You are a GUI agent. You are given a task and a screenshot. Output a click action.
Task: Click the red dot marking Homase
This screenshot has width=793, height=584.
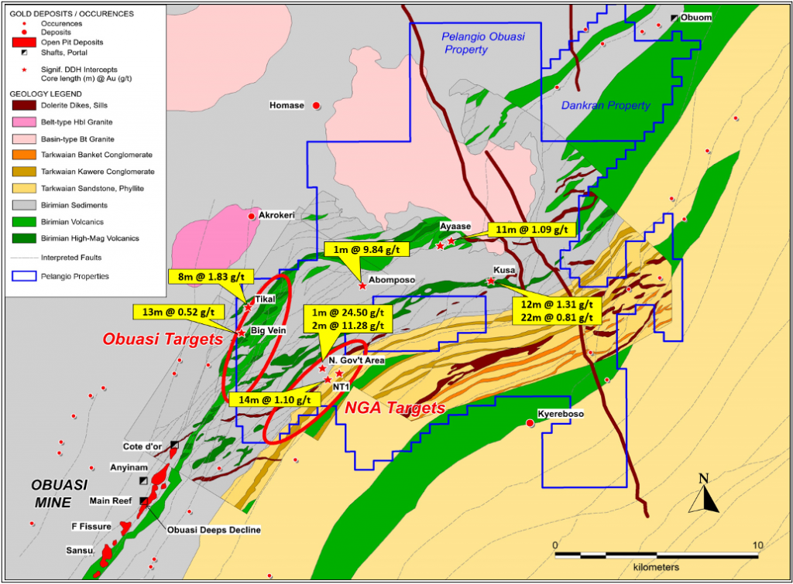316,106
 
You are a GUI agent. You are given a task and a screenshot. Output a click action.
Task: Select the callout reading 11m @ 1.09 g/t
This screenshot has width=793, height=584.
532,229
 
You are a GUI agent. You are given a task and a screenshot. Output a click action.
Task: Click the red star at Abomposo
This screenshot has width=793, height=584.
362,286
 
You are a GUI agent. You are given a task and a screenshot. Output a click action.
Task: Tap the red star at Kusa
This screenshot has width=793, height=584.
491,281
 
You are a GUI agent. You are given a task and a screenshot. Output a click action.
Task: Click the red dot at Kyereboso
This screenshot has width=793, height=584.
530,423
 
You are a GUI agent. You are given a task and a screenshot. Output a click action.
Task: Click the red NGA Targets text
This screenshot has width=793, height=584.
394,408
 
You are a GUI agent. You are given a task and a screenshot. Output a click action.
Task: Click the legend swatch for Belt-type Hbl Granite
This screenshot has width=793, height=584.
23,121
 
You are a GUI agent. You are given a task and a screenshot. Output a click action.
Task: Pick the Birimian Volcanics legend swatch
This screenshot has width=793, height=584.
23,222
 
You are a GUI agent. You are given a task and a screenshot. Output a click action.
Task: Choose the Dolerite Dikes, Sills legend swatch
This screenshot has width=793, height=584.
23,105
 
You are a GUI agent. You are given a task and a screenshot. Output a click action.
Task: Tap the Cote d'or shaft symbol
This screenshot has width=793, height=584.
174,445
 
